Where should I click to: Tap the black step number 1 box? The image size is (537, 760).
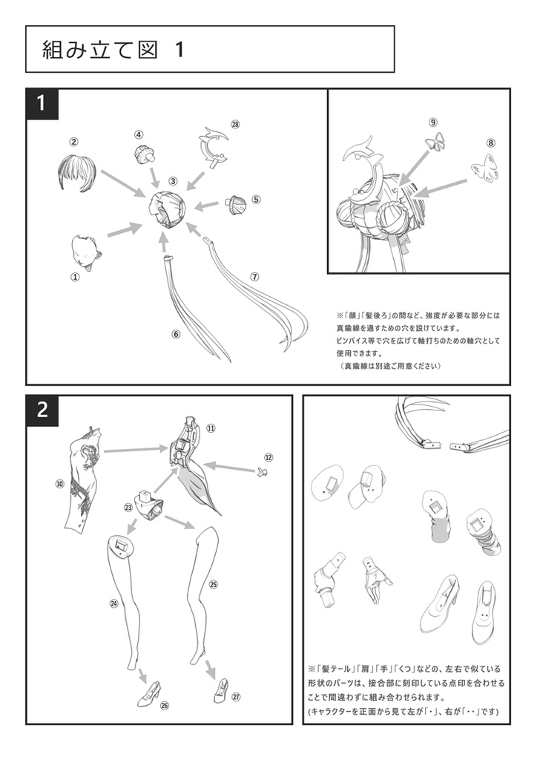tap(42, 104)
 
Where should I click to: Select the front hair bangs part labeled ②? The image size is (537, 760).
tap(74, 173)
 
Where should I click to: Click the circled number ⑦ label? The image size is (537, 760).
tap(254, 276)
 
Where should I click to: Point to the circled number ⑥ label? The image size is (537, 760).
tap(176, 334)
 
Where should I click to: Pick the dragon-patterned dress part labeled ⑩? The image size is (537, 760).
tap(83, 482)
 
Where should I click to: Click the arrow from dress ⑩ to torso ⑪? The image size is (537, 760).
tap(134, 450)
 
